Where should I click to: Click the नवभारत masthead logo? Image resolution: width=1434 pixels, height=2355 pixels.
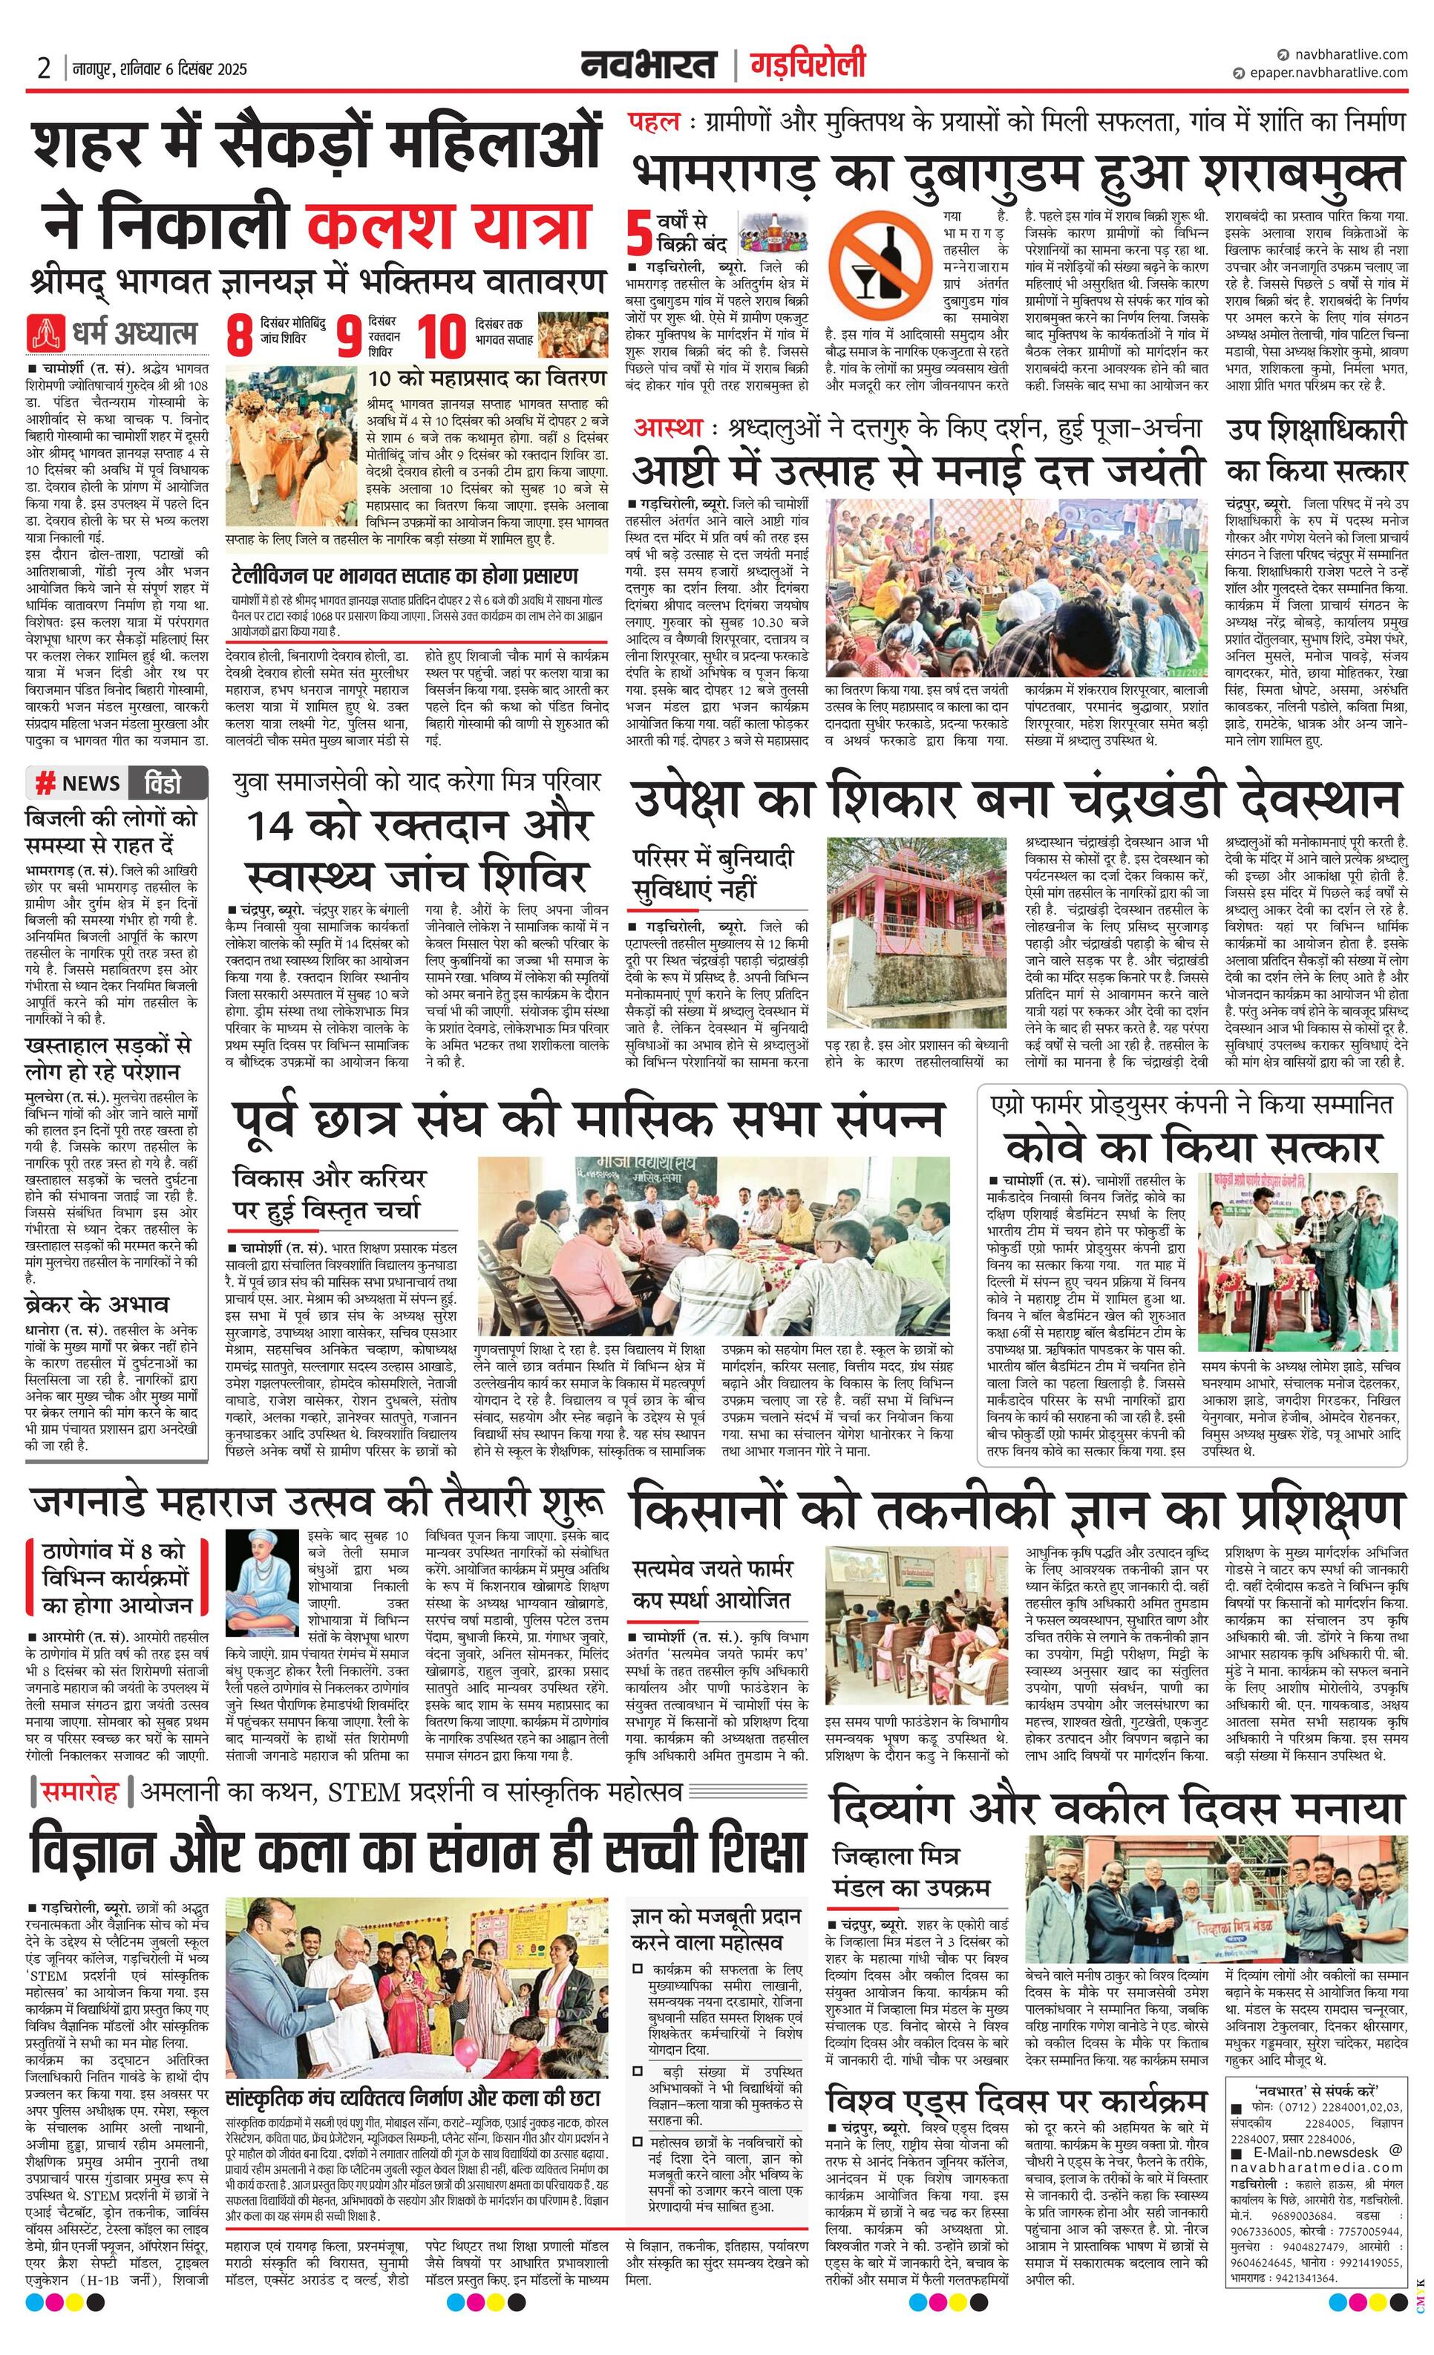tap(649, 66)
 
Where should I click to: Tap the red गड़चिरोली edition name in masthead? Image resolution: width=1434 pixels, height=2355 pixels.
tap(808, 65)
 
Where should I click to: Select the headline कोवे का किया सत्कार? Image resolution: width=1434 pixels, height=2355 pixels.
tap(1192, 1147)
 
